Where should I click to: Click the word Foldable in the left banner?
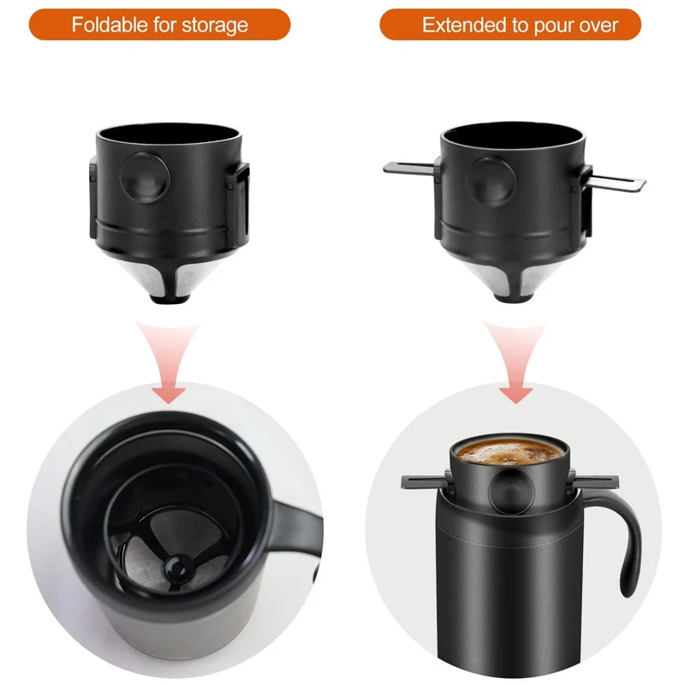click(109, 24)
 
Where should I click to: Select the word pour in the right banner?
click(551, 24)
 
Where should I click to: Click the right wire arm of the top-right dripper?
click(616, 181)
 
